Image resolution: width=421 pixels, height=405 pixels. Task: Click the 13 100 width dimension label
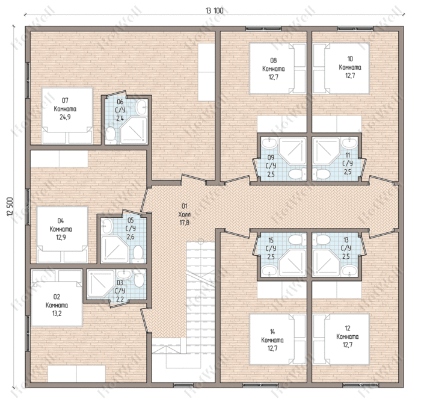215,11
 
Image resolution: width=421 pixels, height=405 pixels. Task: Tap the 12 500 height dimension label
10,207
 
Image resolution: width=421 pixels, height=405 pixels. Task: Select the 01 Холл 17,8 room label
184,214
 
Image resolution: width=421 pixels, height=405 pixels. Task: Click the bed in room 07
67,116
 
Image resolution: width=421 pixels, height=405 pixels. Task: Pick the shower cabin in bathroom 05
114,249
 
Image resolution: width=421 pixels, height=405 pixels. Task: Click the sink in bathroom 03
123,274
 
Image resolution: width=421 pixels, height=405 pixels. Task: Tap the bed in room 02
57,298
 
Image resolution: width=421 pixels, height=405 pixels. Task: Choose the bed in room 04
63,234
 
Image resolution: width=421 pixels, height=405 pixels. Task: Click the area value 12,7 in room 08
273,77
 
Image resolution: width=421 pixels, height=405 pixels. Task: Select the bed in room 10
341,69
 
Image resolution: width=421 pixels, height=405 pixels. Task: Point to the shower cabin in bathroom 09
292,150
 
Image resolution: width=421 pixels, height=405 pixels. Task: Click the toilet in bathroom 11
321,174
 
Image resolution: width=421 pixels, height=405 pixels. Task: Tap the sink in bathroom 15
269,270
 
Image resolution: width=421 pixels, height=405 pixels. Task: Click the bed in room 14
278,339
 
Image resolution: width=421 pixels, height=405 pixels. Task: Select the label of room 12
347,336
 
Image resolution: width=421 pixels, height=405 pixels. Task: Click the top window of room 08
263,28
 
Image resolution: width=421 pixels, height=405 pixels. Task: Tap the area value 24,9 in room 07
65,117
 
